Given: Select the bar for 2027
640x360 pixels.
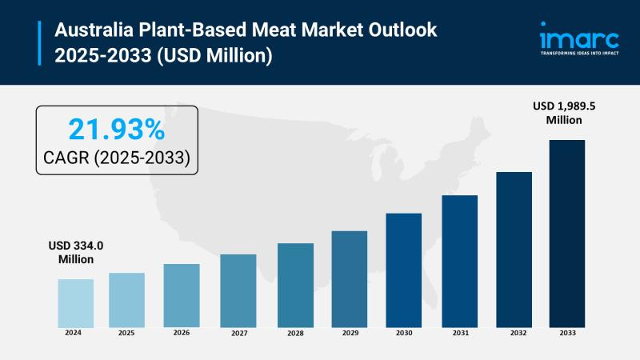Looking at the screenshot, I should point(238,290).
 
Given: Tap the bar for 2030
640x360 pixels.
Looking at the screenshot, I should point(403,270).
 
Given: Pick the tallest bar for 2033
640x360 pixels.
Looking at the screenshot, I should point(566,233).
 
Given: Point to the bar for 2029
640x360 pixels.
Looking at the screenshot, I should point(349,278).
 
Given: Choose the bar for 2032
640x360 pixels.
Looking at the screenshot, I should point(514,249).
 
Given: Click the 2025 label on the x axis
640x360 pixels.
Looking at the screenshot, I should point(126,332).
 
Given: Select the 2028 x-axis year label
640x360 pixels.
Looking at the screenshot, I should point(295,332).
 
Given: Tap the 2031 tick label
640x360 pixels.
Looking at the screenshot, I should point(459,332).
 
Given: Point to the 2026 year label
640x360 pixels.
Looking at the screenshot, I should point(182,332).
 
